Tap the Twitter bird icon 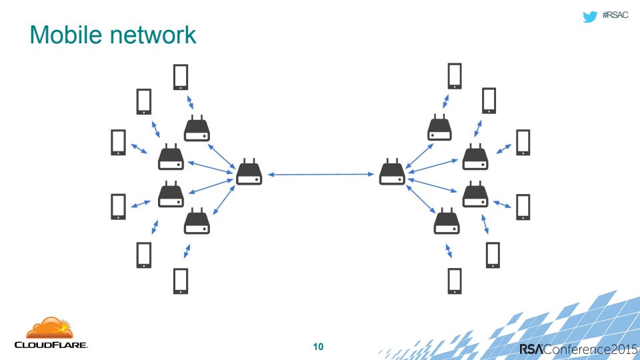click(589, 17)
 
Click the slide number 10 click(318, 347)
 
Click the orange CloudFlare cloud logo click(50, 329)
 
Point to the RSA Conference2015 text click(579, 349)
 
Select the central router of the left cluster click(249, 173)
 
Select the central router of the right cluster click(392, 173)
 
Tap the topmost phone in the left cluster click(180, 77)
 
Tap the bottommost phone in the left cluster click(180, 281)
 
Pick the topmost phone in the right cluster click(455, 76)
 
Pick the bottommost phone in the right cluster click(455, 281)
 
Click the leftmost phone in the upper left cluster click(118, 143)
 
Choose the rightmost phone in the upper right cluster click(523, 143)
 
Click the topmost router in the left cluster click(197, 129)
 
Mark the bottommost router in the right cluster click(446, 222)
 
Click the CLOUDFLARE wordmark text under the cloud click(51, 345)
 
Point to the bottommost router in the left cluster click(197, 222)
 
